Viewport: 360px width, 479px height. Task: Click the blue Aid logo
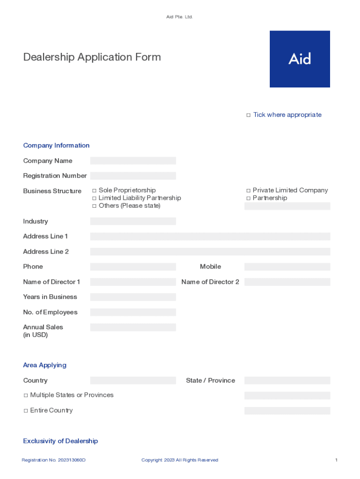click(x=300, y=59)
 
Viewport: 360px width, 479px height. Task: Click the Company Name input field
click(x=133, y=161)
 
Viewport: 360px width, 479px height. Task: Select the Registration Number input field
click(x=133, y=176)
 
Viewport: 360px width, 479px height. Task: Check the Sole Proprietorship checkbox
click(x=94, y=190)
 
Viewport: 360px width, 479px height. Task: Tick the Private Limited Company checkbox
click(x=248, y=190)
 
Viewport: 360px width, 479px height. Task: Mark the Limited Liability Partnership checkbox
click(x=94, y=198)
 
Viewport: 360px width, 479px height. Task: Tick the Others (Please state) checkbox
click(x=94, y=206)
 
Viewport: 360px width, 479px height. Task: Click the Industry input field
click(x=133, y=221)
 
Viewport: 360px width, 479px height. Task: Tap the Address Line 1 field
click(x=210, y=237)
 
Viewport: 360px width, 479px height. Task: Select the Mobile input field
click(x=287, y=267)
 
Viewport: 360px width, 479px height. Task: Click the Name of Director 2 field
click(x=287, y=282)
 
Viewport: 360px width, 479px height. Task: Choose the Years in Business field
click(x=133, y=297)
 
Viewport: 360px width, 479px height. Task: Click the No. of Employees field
click(x=133, y=312)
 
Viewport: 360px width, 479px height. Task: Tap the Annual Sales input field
click(x=133, y=327)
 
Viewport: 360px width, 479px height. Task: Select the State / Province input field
click(x=287, y=381)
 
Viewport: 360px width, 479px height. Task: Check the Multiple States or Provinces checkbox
click(x=26, y=395)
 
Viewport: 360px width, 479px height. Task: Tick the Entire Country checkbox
click(x=26, y=411)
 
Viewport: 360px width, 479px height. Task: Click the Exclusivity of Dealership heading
click(x=60, y=441)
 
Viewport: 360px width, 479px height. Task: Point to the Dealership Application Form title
click(x=92, y=57)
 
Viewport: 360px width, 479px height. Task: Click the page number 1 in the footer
click(x=336, y=460)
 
